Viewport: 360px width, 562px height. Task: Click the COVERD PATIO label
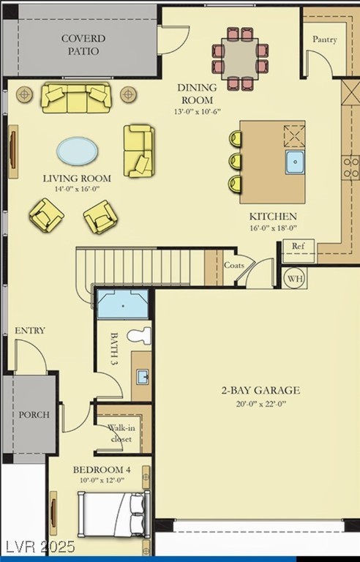click(83, 45)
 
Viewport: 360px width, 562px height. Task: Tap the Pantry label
click(324, 39)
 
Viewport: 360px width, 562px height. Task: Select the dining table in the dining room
click(240, 59)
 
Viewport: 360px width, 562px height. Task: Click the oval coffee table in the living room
click(77, 151)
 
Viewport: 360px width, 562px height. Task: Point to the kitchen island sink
click(295, 162)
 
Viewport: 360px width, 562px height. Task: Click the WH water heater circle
click(295, 279)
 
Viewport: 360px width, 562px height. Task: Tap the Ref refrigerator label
click(298, 246)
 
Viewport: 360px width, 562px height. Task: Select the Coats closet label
click(234, 265)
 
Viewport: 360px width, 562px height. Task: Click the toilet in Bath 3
click(140, 336)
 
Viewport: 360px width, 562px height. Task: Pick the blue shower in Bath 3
click(123, 304)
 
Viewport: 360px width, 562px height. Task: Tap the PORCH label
click(34, 415)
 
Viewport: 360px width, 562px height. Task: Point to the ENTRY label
click(30, 331)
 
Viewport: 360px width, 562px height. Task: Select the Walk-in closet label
click(121, 433)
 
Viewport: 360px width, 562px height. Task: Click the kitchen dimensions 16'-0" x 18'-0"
click(273, 228)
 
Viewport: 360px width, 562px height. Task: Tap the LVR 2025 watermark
click(37, 547)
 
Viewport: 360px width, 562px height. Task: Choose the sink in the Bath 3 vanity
click(143, 377)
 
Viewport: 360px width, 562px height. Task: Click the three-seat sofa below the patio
click(76, 97)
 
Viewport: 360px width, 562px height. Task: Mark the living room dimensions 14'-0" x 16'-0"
click(77, 189)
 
